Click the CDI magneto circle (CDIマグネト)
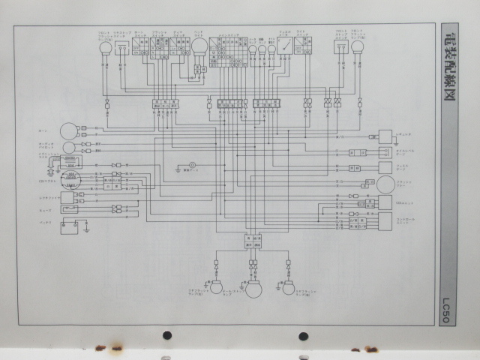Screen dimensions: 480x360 [71, 178]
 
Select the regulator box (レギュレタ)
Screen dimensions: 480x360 [68, 196]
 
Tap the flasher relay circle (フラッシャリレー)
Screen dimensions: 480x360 [385, 184]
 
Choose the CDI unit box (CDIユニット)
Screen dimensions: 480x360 [385, 202]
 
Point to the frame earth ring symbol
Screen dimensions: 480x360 [192, 166]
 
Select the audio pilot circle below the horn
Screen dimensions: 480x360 [68, 146]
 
